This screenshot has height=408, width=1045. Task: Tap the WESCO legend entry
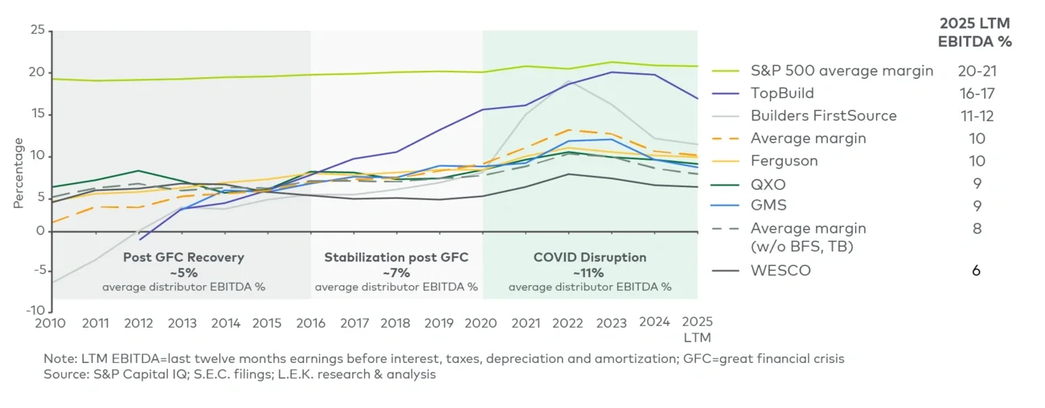pos(780,271)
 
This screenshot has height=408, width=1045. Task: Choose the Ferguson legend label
pos(784,161)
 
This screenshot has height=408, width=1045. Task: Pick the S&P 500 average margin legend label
pos(842,71)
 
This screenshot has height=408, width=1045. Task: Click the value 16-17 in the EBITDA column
pos(976,93)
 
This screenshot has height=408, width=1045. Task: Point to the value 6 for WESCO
pos(976,271)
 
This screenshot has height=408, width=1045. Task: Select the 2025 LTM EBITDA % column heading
pos(976,32)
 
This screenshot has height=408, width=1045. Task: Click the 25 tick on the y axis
pos(36,31)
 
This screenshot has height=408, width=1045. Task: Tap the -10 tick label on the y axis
pos(34,310)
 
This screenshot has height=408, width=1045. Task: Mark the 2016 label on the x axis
pos(311,323)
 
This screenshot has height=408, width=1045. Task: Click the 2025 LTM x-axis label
pos(697,329)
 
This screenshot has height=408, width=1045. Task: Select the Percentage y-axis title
pos(18,172)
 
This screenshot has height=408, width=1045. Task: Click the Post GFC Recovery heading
pos(183,258)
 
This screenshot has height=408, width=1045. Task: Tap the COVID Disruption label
pos(590,258)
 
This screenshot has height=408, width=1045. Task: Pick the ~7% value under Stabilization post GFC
pos(395,272)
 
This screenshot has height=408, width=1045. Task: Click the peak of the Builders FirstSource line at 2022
pos(569,81)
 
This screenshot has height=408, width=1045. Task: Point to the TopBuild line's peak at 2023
pos(612,72)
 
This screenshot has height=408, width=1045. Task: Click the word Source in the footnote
pos(66,375)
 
